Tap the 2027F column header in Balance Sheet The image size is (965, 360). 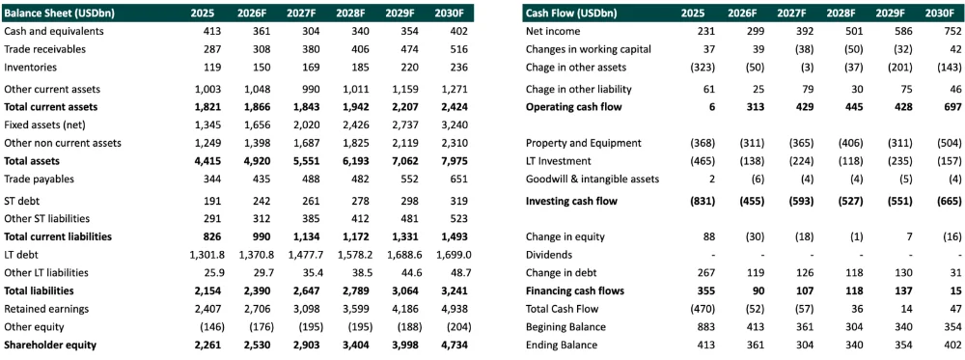click(x=301, y=13)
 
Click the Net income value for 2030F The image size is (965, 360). click(x=951, y=31)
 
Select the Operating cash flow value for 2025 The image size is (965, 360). click(x=711, y=107)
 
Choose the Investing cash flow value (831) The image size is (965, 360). click(x=702, y=201)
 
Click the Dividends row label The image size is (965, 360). click(x=549, y=255)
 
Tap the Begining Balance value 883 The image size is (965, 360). click(x=705, y=327)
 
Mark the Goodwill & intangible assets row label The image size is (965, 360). click(x=593, y=180)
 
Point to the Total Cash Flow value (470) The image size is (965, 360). click(x=702, y=309)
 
